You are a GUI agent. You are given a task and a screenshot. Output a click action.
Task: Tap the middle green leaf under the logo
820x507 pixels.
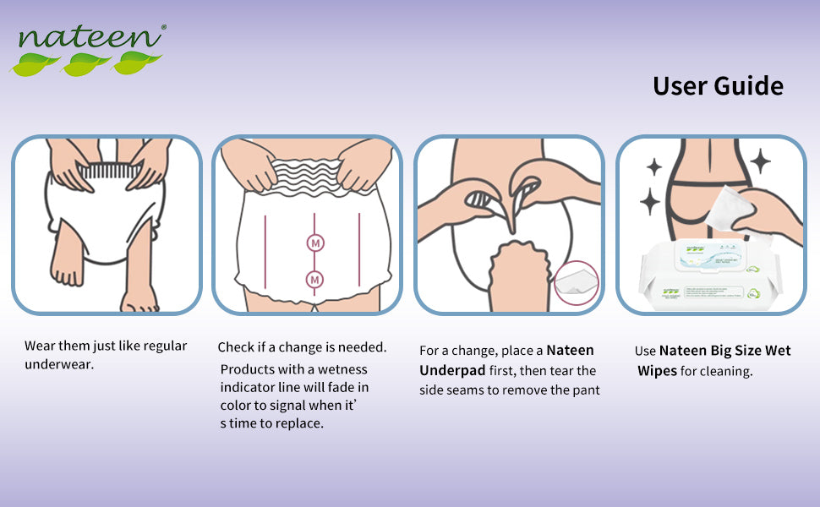coord(85,63)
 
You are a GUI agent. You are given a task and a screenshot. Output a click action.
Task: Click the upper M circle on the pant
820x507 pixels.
coord(314,243)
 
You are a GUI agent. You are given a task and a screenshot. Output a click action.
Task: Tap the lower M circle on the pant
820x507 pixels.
coord(314,281)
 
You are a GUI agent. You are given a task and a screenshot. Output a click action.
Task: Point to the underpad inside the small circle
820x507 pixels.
coord(576,283)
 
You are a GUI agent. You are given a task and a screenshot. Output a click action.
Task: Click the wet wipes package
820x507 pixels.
coord(710,275)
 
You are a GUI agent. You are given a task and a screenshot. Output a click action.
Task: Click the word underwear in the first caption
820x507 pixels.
coord(59,364)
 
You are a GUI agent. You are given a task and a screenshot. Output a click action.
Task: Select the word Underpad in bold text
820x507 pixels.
coord(452,371)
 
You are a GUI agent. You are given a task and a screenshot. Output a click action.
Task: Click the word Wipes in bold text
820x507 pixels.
coord(658,371)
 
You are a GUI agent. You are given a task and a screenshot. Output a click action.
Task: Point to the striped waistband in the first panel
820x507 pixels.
coord(109,171)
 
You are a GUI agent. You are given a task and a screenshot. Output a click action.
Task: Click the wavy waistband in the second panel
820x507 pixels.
coord(308,177)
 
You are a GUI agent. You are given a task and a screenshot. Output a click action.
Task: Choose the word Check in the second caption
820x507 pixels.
coord(235,347)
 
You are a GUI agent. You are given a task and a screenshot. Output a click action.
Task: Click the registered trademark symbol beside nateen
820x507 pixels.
coord(164,27)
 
